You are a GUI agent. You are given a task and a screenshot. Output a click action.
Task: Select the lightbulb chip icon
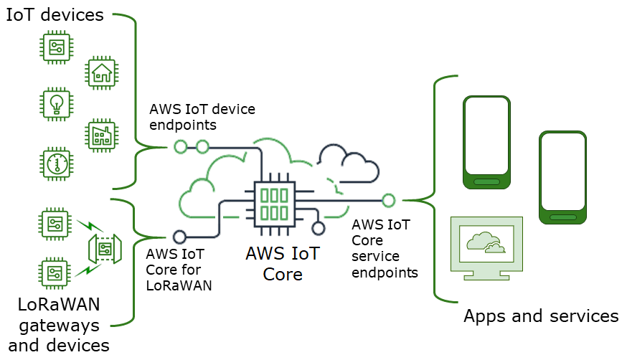[x=55, y=103]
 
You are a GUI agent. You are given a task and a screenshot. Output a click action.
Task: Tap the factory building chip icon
[x=102, y=135]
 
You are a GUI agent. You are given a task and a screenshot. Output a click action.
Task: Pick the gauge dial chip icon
[x=55, y=164]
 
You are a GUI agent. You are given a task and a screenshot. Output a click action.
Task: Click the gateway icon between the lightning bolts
[x=103, y=248]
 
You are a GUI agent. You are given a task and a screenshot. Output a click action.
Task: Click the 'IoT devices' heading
[x=55, y=15]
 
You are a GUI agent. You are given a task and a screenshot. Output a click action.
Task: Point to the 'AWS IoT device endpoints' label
[x=202, y=116]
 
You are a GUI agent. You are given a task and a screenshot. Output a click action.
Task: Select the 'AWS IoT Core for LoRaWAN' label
[x=174, y=270]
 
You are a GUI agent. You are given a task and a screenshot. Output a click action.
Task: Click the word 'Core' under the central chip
[x=283, y=275]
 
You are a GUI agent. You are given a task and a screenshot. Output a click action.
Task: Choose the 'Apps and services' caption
[x=540, y=316]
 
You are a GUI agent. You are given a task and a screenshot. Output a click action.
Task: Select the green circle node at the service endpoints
[x=389, y=200]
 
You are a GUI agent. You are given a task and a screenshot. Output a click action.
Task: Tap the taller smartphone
[x=487, y=142]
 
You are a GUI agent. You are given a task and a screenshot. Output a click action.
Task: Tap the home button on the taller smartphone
[x=487, y=181]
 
